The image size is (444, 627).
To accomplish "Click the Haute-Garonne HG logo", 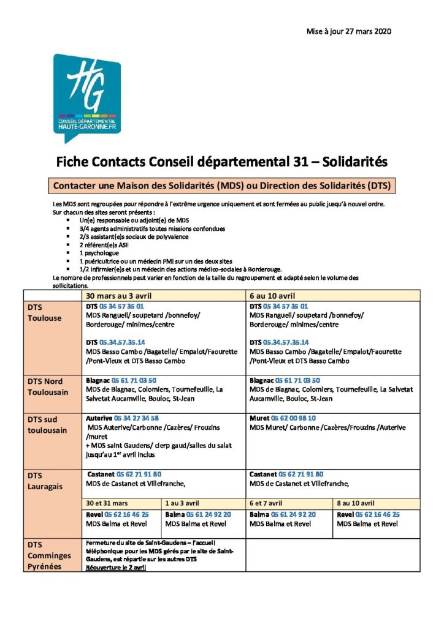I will point(86,94).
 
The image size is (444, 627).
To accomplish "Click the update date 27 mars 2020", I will point(349,31).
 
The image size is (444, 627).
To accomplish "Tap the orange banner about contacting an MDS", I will point(222,184).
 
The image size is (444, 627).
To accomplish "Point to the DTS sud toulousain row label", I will point(48,425).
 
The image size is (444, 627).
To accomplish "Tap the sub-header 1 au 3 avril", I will point(182,502).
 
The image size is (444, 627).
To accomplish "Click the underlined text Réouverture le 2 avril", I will point(115,568).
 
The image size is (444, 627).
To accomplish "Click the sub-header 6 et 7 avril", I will point(268,502).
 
